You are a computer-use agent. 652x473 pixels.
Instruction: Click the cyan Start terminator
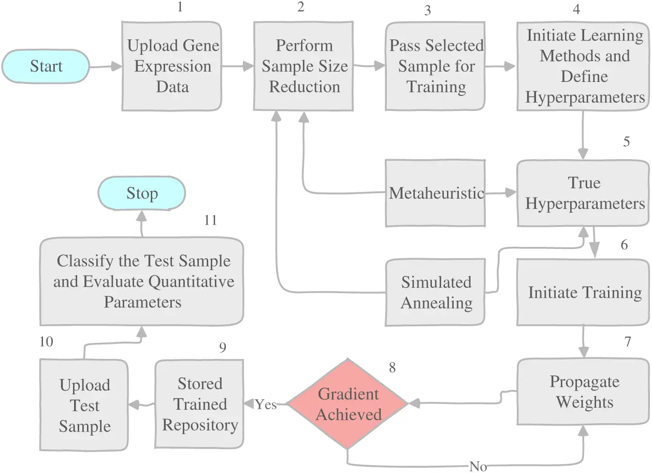[x=46, y=66]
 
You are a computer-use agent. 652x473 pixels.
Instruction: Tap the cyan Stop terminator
[x=142, y=193]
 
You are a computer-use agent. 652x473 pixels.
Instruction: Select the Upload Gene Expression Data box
[x=173, y=66]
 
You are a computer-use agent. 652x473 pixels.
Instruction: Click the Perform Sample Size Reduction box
[x=304, y=66]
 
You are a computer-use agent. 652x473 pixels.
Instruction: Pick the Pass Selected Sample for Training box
[x=436, y=66]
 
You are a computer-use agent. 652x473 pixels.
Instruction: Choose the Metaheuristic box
[x=436, y=193]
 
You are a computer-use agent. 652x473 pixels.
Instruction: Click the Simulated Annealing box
[x=436, y=293]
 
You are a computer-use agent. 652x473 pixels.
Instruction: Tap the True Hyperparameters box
[x=584, y=193]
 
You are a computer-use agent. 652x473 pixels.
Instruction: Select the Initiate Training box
[x=584, y=293]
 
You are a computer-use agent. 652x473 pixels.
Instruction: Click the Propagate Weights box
[x=584, y=392]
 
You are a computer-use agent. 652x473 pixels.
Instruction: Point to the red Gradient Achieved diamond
[x=348, y=404]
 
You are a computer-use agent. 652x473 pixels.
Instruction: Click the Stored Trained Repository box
[x=199, y=404]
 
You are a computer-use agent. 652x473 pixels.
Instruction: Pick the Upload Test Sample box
[x=84, y=406]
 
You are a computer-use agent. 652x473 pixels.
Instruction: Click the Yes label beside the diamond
[x=266, y=405]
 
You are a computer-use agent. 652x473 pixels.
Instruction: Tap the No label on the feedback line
[x=477, y=466]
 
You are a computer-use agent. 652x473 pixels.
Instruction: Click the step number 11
[x=210, y=220]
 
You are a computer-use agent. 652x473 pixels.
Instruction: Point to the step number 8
[x=392, y=367]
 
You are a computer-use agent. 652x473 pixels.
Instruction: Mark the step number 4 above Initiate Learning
[x=576, y=10]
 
